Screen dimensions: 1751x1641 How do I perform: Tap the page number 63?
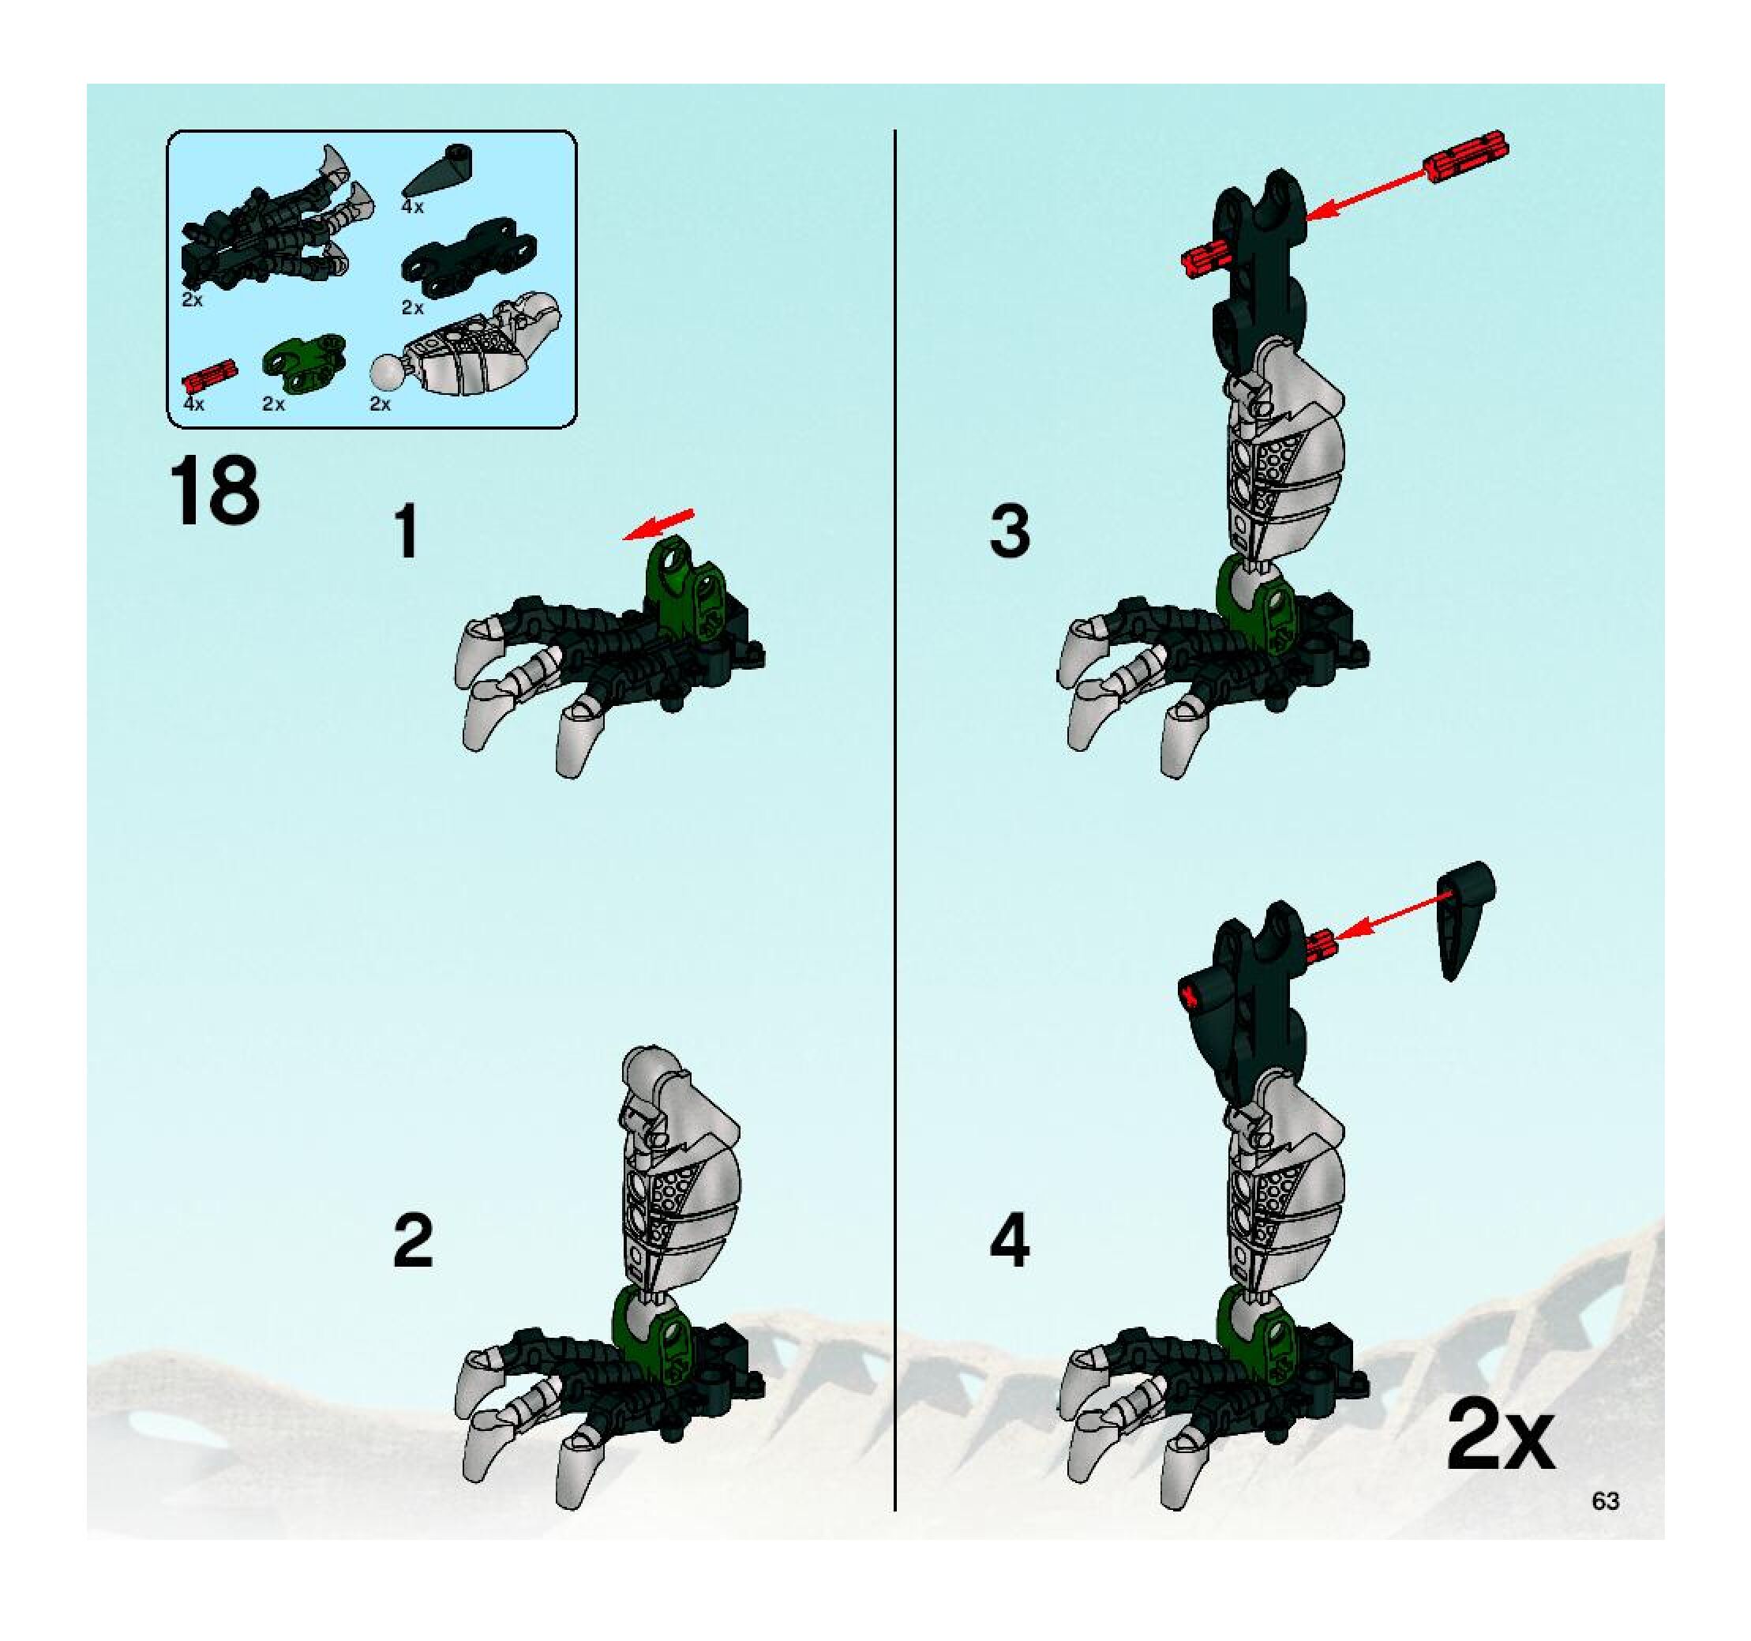point(1605,1500)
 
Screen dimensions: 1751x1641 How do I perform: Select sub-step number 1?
point(406,532)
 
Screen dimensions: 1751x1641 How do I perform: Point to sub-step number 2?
point(412,1241)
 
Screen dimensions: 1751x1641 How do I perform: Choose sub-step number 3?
point(1010,531)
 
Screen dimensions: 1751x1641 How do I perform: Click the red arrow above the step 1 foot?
point(657,525)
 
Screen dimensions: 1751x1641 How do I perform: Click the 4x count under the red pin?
point(193,404)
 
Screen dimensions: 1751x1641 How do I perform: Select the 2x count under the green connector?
point(273,404)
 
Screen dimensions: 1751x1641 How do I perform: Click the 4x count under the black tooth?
point(412,207)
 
